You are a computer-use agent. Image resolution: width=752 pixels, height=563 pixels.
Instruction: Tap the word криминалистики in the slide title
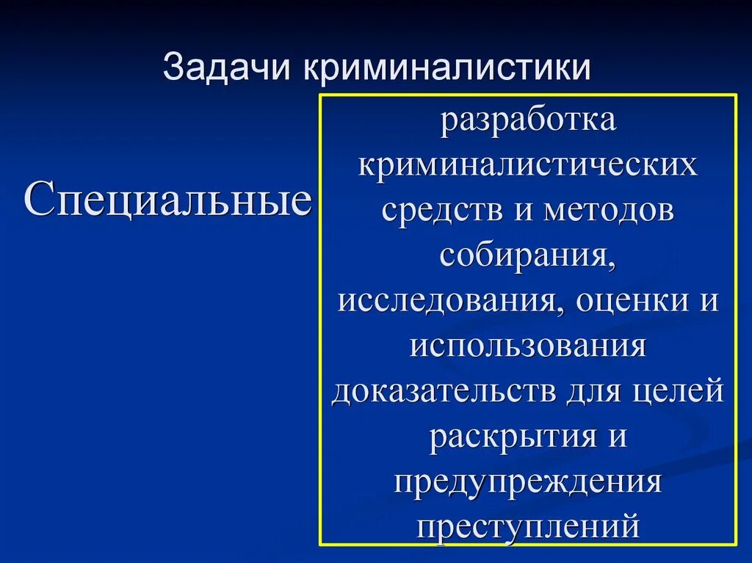(445, 67)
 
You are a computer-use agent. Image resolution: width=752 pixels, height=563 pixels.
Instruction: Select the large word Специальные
(168, 201)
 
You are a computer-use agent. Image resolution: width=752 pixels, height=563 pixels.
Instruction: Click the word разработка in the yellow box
(528, 120)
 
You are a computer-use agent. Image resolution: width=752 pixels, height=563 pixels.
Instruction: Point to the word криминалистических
(528, 164)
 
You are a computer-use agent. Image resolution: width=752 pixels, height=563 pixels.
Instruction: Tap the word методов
(609, 210)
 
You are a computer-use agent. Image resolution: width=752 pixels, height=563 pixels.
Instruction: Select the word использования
(528, 346)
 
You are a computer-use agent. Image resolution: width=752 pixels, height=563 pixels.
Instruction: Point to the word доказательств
(444, 391)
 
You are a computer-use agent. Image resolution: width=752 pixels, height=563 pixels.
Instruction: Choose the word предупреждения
(528, 482)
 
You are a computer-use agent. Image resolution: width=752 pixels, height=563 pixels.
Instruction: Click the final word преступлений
(528, 527)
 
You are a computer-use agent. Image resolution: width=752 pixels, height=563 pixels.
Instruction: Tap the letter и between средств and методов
(522, 210)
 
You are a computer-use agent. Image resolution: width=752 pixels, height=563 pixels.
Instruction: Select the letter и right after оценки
(708, 301)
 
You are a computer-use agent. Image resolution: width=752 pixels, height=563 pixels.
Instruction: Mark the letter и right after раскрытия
(617, 437)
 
